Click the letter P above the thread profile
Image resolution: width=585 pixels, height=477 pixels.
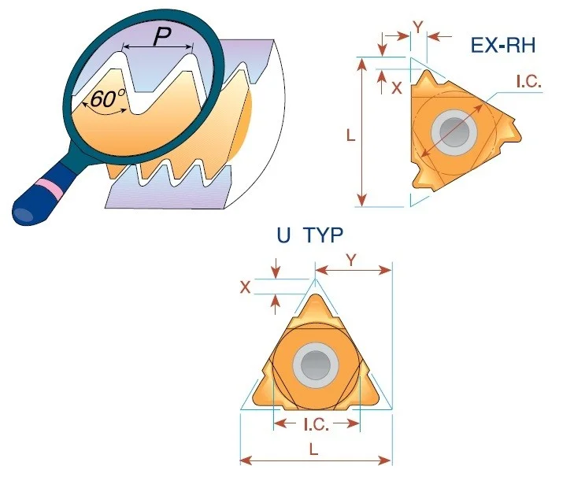(162, 37)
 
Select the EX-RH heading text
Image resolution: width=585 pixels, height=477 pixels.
(503, 45)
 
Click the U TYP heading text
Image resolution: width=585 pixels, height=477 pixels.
(309, 235)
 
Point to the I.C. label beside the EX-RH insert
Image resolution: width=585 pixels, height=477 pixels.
(528, 82)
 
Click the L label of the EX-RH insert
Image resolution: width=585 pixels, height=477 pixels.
(350, 135)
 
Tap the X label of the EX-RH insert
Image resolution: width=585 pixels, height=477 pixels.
(397, 88)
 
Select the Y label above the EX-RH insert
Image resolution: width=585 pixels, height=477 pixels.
(419, 28)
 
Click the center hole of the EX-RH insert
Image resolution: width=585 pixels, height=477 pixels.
(454, 132)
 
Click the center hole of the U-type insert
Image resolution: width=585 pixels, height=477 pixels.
(316, 364)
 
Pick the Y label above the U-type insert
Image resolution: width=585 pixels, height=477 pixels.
(351, 261)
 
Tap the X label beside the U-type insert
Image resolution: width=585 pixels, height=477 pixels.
(245, 287)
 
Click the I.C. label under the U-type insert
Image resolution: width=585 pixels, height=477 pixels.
(317, 424)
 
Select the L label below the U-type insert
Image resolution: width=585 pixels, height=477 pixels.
(314, 449)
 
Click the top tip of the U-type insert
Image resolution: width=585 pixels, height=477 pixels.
(316, 295)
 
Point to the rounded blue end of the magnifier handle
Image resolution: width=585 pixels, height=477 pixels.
(23, 215)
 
